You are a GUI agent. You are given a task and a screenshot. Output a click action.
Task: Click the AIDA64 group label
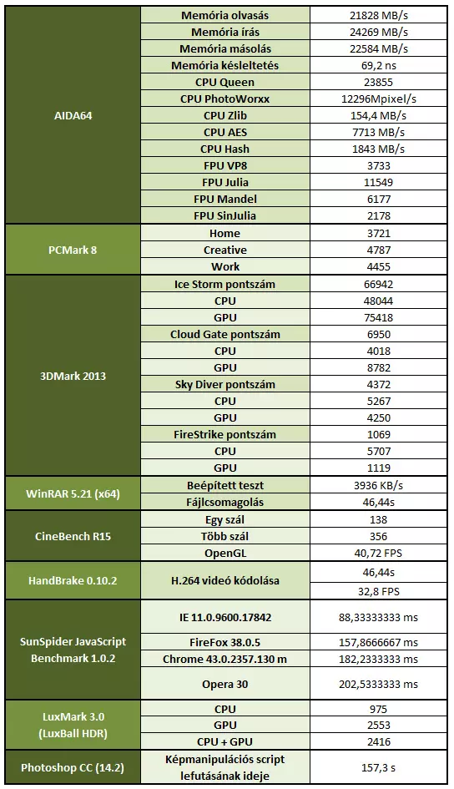[x=73, y=116]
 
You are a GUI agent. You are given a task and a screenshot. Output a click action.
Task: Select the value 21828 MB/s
[x=379, y=16]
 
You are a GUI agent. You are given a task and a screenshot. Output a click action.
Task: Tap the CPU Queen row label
[x=224, y=82]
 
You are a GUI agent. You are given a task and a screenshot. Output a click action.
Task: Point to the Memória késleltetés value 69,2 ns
[x=379, y=65]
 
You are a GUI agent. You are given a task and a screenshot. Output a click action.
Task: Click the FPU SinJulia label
[x=224, y=215]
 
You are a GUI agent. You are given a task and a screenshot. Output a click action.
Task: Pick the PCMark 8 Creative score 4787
[x=379, y=250]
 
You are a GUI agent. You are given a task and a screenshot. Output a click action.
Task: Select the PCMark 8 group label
[x=73, y=250]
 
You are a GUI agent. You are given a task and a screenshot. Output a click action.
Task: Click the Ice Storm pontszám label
[x=224, y=285]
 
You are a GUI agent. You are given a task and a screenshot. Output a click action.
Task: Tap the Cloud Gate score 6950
[x=379, y=334]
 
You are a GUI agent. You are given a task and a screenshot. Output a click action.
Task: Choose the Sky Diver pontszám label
[x=224, y=384]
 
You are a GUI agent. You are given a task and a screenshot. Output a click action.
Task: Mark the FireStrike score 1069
[x=379, y=434]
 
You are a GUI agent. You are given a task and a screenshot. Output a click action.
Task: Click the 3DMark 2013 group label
[x=73, y=376]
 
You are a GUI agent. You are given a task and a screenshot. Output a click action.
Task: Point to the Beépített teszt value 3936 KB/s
[x=379, y=486]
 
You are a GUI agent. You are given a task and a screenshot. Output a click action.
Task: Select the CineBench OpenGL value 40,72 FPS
[x=379, y=553]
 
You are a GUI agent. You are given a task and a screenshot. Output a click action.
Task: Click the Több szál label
[x=224, y=536]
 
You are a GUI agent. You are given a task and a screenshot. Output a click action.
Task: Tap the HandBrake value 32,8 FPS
[x=379, y=591]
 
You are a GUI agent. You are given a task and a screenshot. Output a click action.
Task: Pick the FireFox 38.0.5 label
[x=224, y=643]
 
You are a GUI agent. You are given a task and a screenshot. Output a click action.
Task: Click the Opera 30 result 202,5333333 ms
[x=379, y=685]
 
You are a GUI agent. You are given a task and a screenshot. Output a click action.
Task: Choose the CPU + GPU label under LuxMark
[x=224, y=741]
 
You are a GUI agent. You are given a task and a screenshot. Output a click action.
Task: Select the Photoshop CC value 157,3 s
[x=379, y=768]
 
